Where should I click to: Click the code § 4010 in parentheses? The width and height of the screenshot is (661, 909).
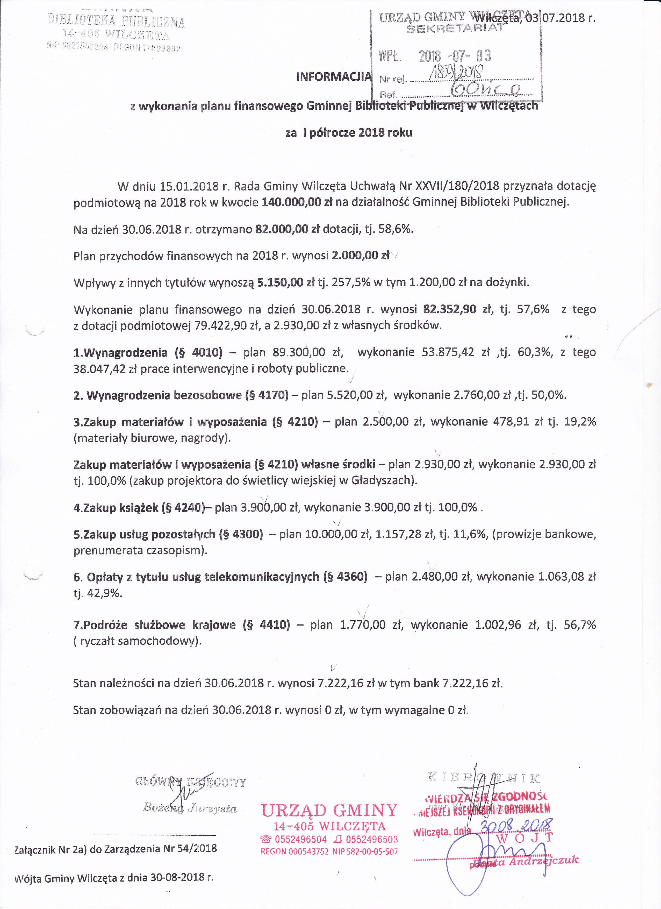coord(198,352)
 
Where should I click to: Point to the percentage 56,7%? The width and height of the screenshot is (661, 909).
coord(580,625)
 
